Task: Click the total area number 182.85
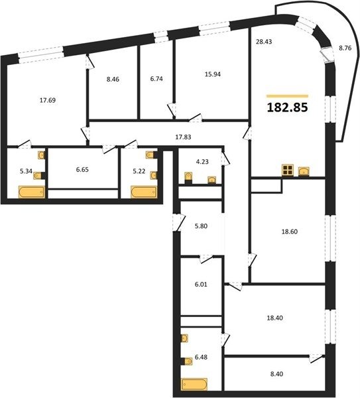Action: (288, 107)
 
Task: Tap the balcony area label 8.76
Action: (345, 48)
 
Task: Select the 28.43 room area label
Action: (264, 42)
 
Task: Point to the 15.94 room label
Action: (213, 74)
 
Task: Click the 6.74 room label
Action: (156, 79)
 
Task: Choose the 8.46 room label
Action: (113, 80)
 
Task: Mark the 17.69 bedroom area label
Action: (48, 100)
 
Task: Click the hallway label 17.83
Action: (183, 137)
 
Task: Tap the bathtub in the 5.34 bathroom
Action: (32, 192)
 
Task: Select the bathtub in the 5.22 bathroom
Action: (144, 192)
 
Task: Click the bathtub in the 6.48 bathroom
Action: (194, 384)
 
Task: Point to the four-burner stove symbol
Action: (288, 170)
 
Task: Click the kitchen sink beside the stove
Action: (304, 171)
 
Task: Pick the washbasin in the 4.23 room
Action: (211, 180)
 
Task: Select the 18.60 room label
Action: (290, 232)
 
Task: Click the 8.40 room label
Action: (276, 374)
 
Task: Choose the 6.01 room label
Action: (201, 285)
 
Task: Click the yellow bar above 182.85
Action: (287, 96)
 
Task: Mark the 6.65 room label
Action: (82, 170)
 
